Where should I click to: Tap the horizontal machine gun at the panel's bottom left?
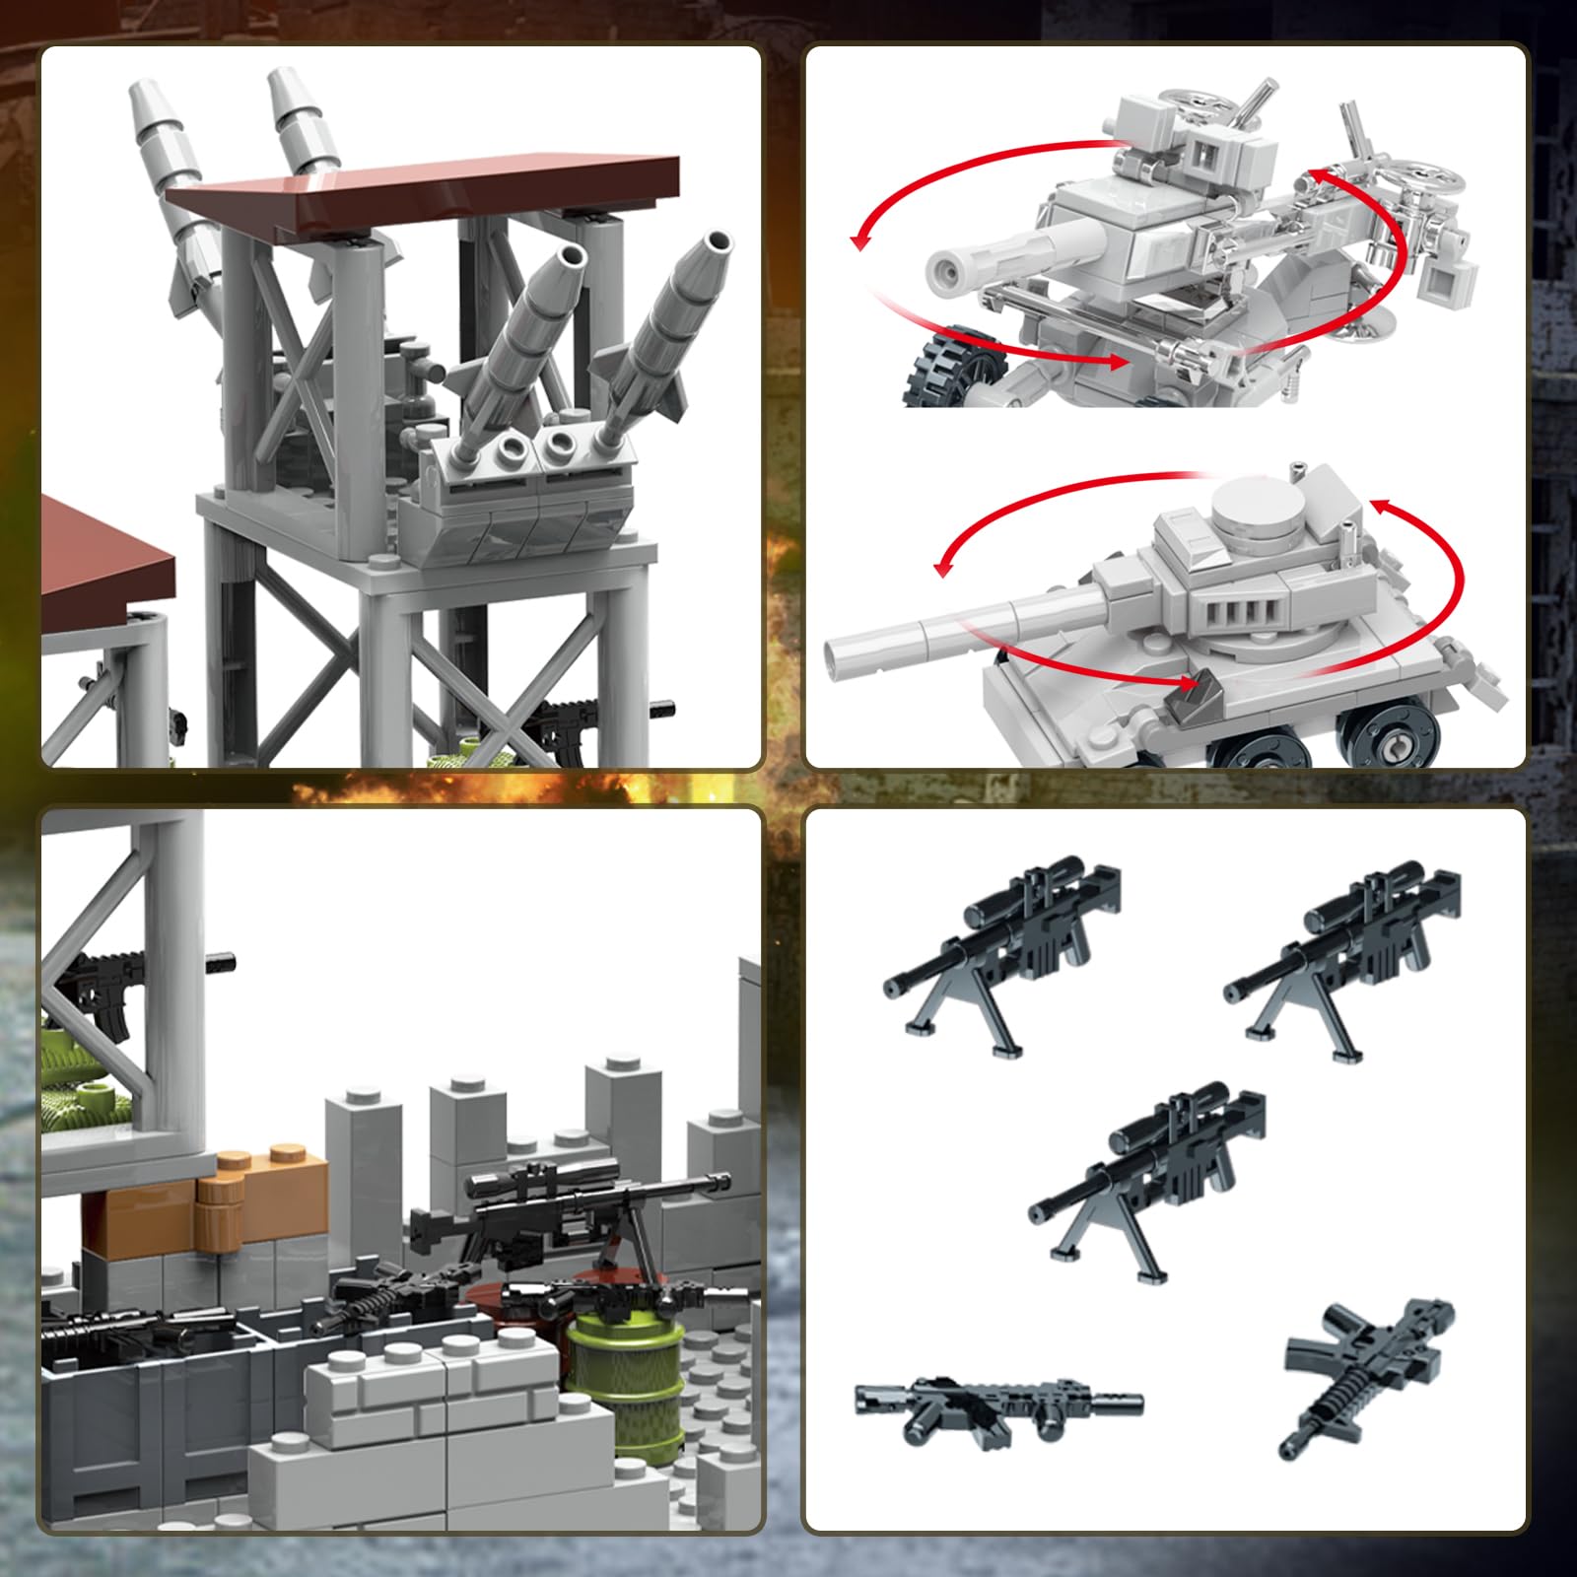(x=995, y=1400)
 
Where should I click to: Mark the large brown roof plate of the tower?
(x=424, y=192)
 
